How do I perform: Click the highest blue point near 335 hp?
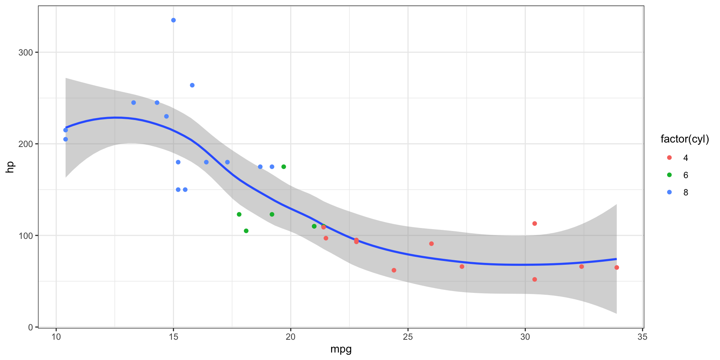173,20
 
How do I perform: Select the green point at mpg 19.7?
283,167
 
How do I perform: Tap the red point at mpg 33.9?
616,267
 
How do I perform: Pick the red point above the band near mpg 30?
534,223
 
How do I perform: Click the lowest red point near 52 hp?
534,279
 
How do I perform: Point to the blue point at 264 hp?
192,85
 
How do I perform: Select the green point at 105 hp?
246,231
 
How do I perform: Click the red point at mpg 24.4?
394,270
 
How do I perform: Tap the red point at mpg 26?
431,244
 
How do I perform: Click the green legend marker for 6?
669,175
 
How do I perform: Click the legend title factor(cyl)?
684,139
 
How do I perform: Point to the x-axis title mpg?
341,349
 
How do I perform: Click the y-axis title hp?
10,167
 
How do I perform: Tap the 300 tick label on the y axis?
25,52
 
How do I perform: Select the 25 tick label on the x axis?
408,337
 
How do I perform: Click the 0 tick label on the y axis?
31,327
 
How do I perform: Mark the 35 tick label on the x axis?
642,337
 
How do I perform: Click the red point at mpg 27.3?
462,267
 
